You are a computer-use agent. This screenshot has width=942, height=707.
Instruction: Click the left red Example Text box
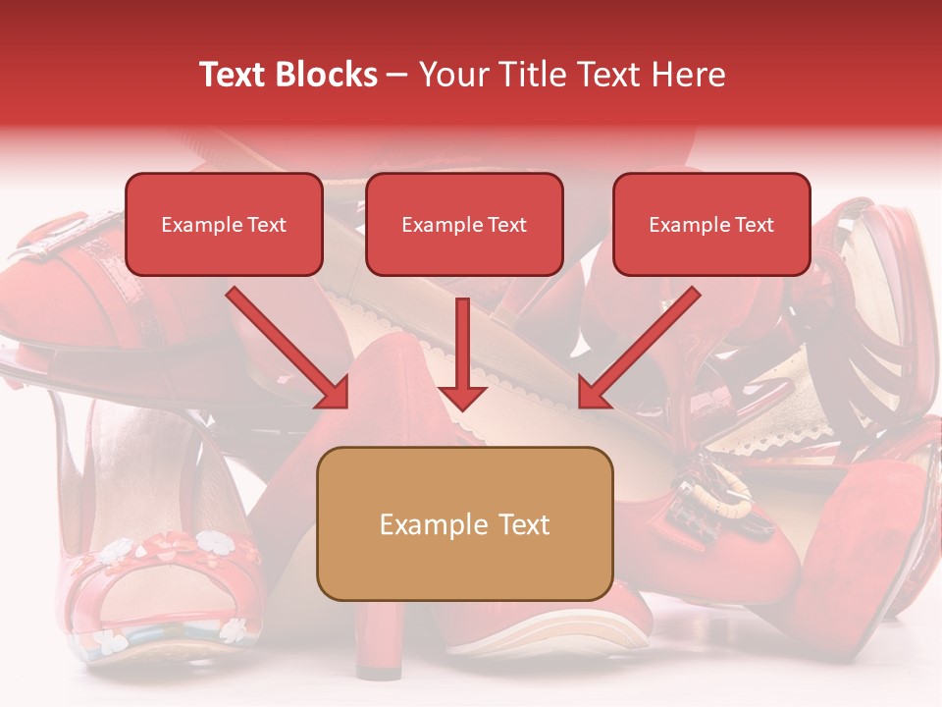[x=224, y=225]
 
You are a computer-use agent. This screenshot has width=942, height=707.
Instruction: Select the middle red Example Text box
[x=464, y=225]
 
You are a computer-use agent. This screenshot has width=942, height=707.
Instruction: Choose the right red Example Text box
[x=711, y=225]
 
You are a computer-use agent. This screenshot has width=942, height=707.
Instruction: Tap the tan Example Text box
[x=464, y=523]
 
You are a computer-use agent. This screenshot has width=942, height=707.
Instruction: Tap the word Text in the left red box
[x=266, y=225]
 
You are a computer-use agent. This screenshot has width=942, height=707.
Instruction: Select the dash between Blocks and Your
[x=398, y=75]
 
